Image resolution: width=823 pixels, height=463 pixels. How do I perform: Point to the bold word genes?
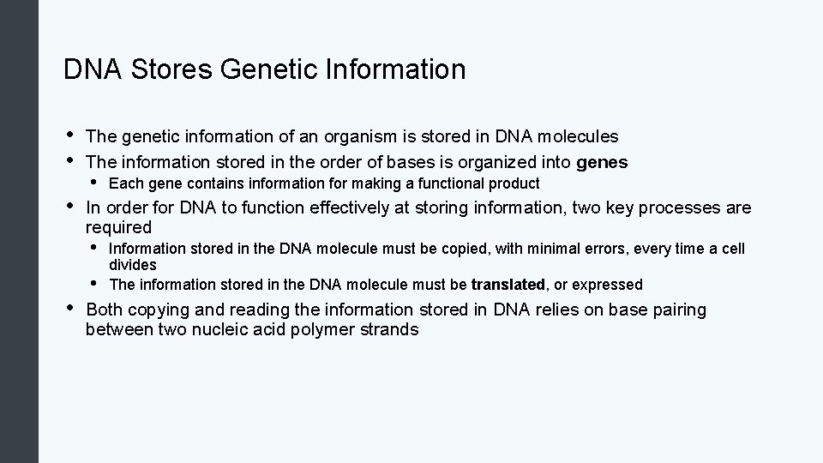click(603, 162)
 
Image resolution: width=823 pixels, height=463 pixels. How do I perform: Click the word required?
click(118, 227)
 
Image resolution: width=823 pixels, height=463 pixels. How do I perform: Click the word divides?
click(133, 265)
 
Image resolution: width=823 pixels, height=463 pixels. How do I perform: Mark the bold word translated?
click(508, 284)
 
